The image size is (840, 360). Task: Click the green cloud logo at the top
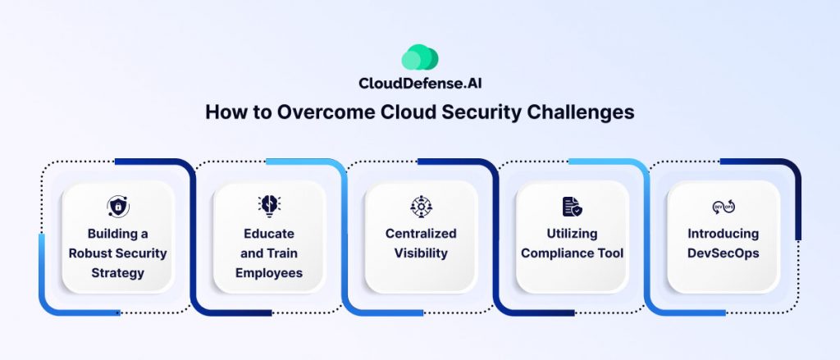click(419, 58)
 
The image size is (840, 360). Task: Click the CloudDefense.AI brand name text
click(419, 83)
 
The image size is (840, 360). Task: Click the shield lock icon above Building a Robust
click(118, 206)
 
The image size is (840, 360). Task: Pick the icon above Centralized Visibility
click(420, 206)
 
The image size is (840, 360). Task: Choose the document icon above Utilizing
click(572, 206)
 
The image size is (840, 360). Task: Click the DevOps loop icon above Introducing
click(723, 207)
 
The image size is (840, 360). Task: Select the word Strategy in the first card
click(118, 272)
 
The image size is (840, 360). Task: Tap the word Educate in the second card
click(269, 234)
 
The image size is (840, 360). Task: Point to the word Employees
click(269, 272)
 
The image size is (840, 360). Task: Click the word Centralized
click(420, 234)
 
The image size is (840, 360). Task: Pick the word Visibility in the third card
click(420, 253)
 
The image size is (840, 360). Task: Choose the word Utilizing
click(572, 234)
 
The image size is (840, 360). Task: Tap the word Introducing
click(723, 234)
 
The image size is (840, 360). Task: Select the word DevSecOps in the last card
click(723, 253)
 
